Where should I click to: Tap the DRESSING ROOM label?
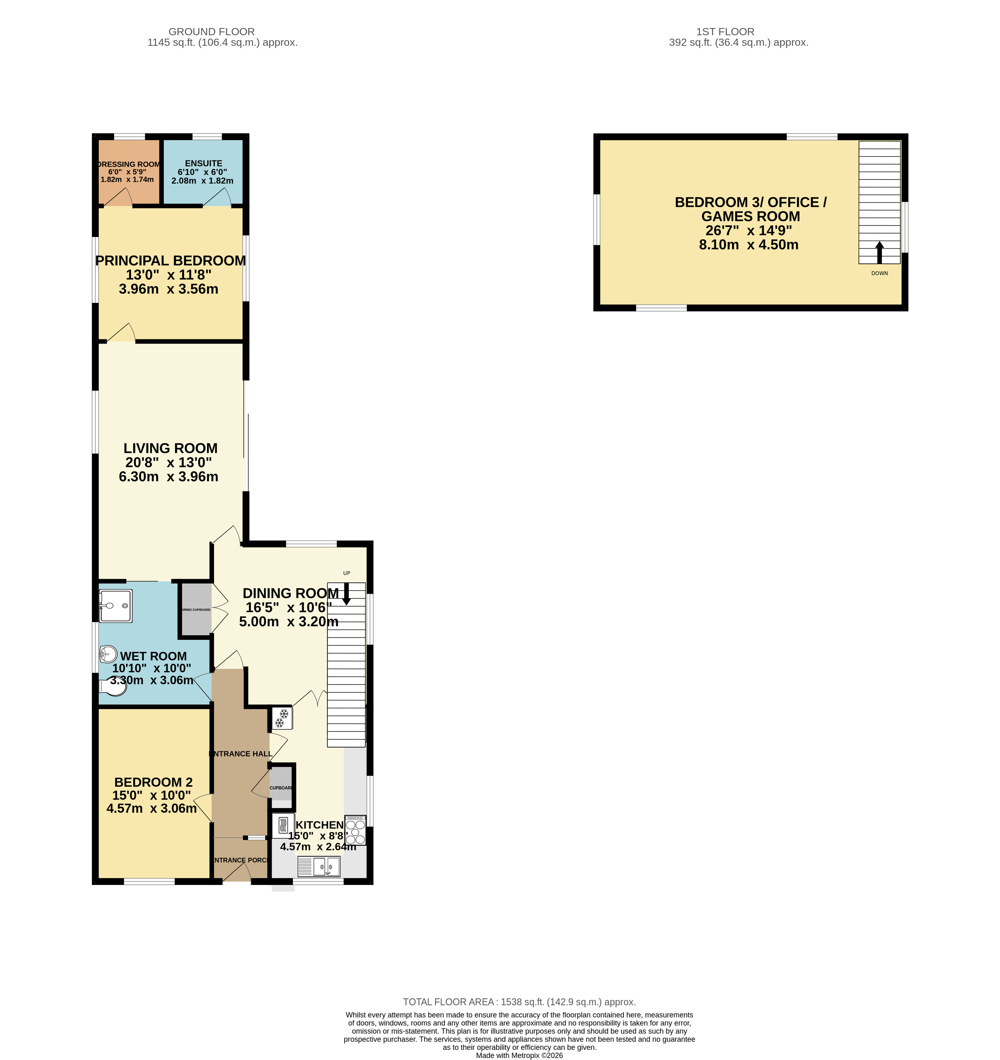(x=129, y=164)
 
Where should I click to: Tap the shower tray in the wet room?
(x=115, y=606)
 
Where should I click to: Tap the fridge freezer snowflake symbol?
(x=282, y=718)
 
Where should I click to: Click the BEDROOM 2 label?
(x=153, y=782)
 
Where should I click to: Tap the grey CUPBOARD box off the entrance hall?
(x=281, y=784)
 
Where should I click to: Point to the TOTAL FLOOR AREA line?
(x=519, y=1002)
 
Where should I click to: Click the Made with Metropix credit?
(x=519, y=1055)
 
